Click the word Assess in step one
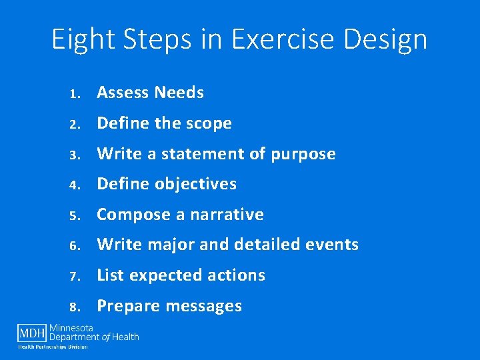pyautogui.click(x=121, y=93)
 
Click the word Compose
pyautogui.click(x=134, y=215)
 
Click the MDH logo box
pyautogui.click(x=31, y=332)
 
